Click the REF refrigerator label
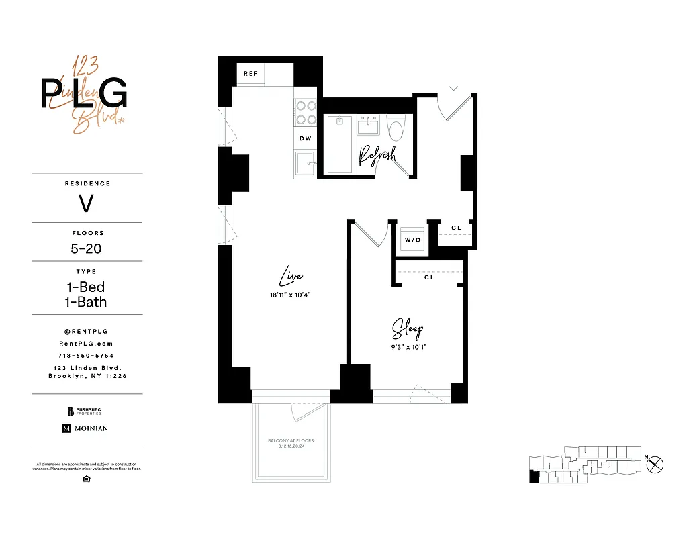(250, 73)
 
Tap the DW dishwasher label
(306, 138)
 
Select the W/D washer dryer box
(412, 239)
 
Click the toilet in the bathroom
(397, 128)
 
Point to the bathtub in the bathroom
(339, 144)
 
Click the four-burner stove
(306, 112)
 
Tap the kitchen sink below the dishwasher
(306, 163)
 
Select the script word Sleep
(408, 329)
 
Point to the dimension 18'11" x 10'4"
(291, 295)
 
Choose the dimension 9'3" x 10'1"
(408, 347)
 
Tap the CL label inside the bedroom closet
(429, 277)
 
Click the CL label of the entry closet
(456, 228)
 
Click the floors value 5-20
(87, 248)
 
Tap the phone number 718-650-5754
(87, 355)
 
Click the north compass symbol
(655, 462)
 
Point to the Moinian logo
(85, 428)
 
